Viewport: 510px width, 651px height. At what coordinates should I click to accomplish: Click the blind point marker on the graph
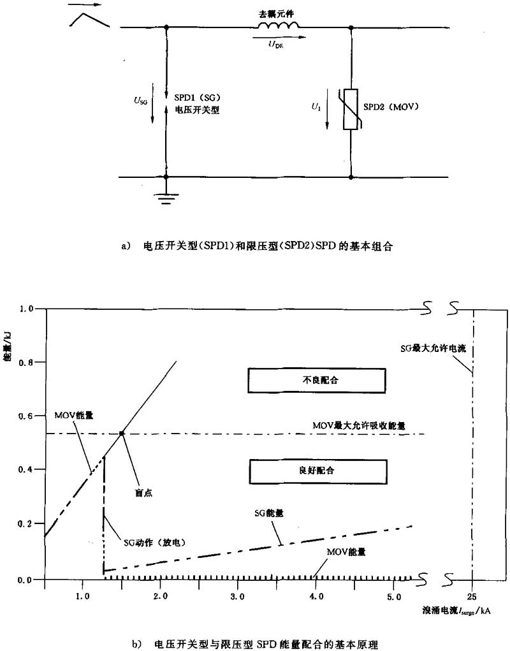[121, 434]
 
